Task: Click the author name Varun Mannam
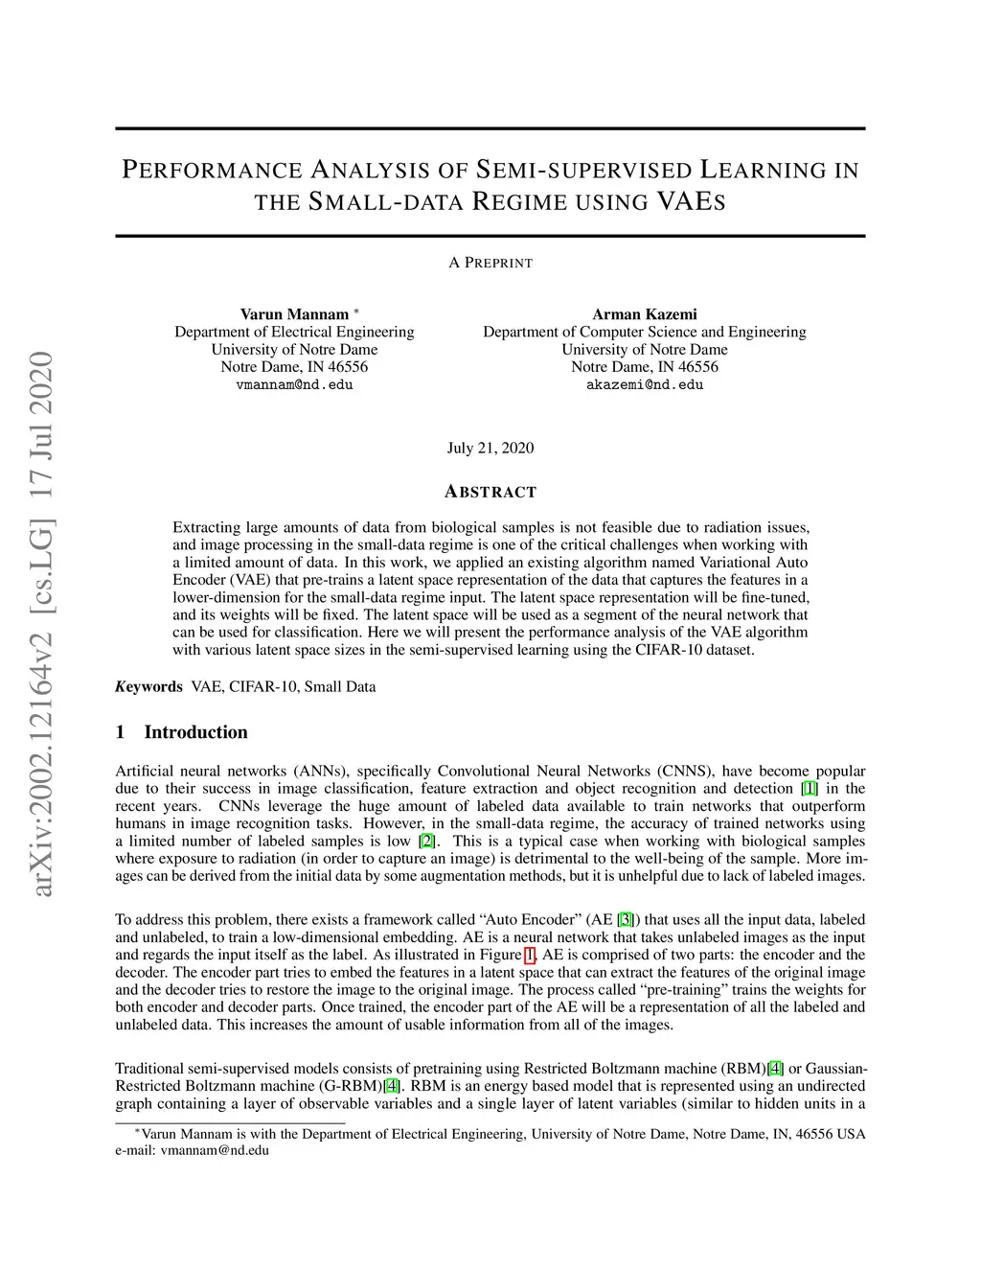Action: [x=294, y=314]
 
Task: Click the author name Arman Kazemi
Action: [x=644, y=314]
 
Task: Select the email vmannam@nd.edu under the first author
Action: [x=294, y=384]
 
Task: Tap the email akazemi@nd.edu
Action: [x=644, y=384]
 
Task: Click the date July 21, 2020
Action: [x=490, y=449]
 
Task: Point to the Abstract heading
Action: [x=490, y=492]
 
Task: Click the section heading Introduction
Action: [x=195, y=732]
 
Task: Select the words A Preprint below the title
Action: [x=490, y=263]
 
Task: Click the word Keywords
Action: [x=148, y=686]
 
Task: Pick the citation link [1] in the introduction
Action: [x=810, y=789]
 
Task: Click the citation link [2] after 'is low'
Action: [x=426, y=841]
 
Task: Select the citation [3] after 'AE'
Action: [x=626, y=919]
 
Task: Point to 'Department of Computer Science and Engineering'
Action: [x=644, y=332]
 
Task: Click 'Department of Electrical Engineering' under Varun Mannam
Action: [x=294, y=332]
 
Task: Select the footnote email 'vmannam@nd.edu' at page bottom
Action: [x=215, y=1150]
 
